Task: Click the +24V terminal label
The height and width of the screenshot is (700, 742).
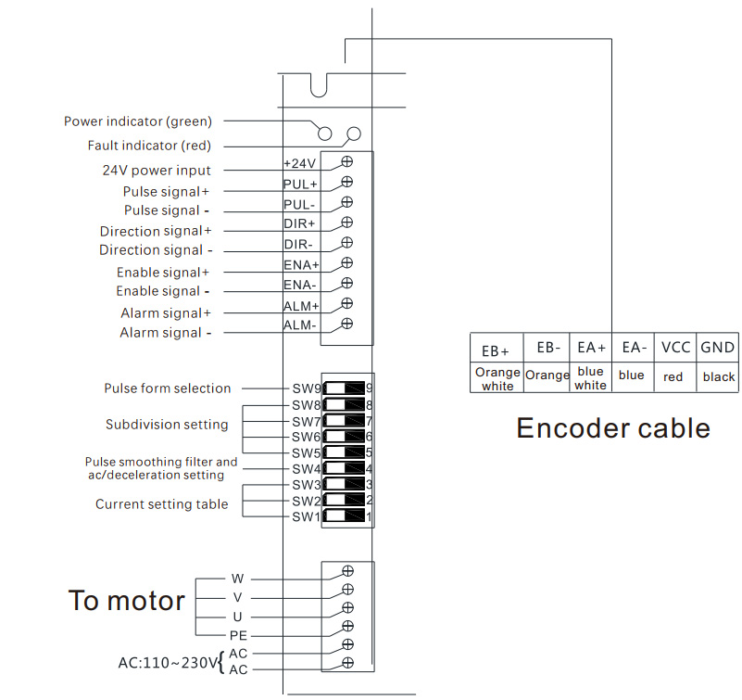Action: [x=299, y=164]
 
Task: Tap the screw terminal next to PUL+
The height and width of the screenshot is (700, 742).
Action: [x=347, y=181]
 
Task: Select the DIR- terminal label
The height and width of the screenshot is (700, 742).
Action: [x=299, y=245]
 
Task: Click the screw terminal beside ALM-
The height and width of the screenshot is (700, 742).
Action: [x=347, y=324]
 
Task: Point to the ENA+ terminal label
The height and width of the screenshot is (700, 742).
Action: [x=300, y=266]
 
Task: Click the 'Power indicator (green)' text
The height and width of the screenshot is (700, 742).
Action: [x=138, y=121]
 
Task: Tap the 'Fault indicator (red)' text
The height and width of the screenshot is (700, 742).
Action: [x=149, y=146]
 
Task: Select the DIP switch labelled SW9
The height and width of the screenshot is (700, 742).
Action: [x=344, y=388]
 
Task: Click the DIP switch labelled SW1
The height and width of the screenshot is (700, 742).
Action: [x=344, y=516]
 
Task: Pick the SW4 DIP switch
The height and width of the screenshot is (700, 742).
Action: [x=344, y=468]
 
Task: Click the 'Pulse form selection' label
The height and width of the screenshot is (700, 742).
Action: [x=168, y=388]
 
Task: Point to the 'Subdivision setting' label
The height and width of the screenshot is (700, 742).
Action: [x=167, y=425]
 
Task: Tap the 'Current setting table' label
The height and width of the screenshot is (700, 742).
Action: [x=161, y=504]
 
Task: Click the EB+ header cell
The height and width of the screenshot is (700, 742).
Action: [x=496, y=350]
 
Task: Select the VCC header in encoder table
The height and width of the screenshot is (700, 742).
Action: [x=675, y=348]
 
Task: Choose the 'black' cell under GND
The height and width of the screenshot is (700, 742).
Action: [x=718, y=377]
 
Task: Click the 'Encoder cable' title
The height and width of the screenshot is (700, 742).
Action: [x=613, y=428]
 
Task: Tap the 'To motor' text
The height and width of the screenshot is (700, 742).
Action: [x=127, y=601]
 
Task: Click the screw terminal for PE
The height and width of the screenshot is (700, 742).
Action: [x=347, y=626]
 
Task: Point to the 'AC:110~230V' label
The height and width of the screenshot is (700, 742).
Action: [x=167, y=663]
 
